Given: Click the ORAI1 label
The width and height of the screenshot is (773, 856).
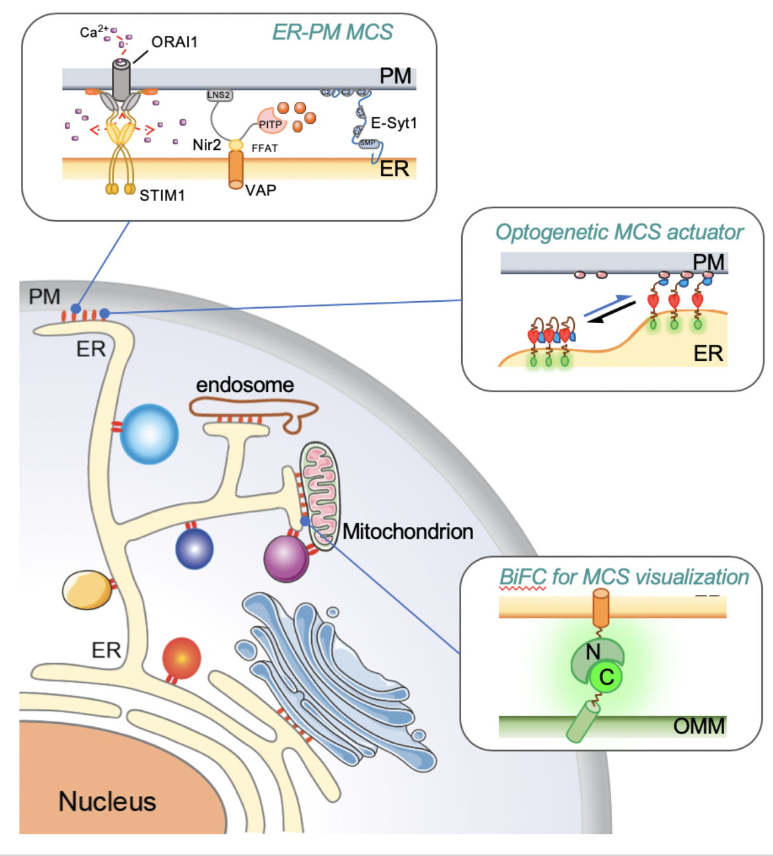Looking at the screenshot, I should (x=174, y=42).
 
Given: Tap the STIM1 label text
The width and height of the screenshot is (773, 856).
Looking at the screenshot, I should (x=162, y=195).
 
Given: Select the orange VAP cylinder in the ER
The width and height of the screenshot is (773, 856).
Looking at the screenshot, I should (x=236, y=169).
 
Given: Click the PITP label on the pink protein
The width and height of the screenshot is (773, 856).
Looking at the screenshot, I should (x=270, y=124).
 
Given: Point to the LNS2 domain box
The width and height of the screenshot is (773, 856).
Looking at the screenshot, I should (x=219, y=95).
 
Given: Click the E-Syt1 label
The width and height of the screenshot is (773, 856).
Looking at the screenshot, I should (x=394, y=123).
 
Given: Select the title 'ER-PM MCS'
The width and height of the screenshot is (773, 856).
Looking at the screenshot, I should (x=332, y=32).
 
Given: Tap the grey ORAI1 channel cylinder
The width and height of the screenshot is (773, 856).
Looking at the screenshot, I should (x=121, y=80).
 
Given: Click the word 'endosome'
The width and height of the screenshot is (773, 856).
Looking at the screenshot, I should (x=245, y=385).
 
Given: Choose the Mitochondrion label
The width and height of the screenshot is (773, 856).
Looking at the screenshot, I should (x=408, y=532).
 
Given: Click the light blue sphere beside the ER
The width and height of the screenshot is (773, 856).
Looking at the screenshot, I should (x=149, y=434).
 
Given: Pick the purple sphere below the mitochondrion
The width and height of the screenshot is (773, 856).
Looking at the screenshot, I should (x=286, y=558).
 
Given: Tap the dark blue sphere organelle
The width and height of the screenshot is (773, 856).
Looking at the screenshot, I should (x=195, y=548).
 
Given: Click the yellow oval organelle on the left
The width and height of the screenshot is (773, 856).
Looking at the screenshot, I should (x=87, y=589).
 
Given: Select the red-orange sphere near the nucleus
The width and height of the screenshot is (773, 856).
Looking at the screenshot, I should (x=181, y=658).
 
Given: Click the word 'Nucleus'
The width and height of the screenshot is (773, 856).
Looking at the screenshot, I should (x=107, y=802).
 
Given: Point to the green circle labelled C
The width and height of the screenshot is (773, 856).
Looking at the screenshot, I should (x=606, y=677).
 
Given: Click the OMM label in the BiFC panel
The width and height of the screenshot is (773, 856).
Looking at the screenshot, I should (x=699, y=726).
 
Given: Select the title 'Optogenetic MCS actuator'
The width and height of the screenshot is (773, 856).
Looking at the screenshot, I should (x=619, y=232).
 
